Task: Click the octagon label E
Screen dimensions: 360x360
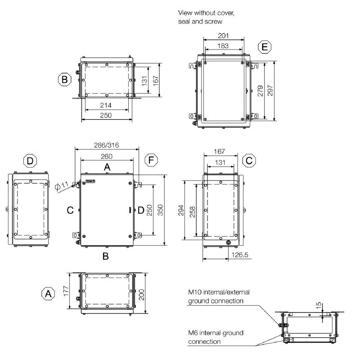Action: pyautogui.click(x=265, y=47)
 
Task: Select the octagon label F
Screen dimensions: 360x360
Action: pyautogui.click(x=152, y=160)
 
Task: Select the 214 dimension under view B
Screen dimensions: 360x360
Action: pyautogui.click(x=106, y=105)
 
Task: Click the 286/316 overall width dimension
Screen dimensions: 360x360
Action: pyautogui.click(x=107, y=146)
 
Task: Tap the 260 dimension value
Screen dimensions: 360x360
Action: pyautogui.click(x=107, y=156)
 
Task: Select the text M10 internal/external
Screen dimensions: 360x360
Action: pyautogui.click(x=218, y=292)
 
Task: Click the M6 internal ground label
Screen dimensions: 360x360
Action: pyautogui.click(x=215, y=333)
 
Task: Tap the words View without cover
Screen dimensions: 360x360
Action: pyautogui.click(x=206, y=13)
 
